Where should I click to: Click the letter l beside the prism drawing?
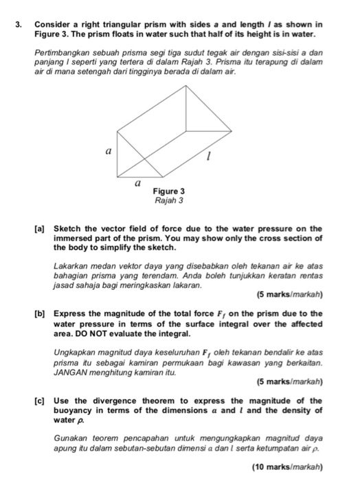click(209, 159)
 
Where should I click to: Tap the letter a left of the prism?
click(106, 148)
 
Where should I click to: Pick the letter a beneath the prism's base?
click(137, 183)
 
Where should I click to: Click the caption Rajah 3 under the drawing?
click(168, 201)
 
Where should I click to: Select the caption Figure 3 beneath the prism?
click(168, 192)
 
